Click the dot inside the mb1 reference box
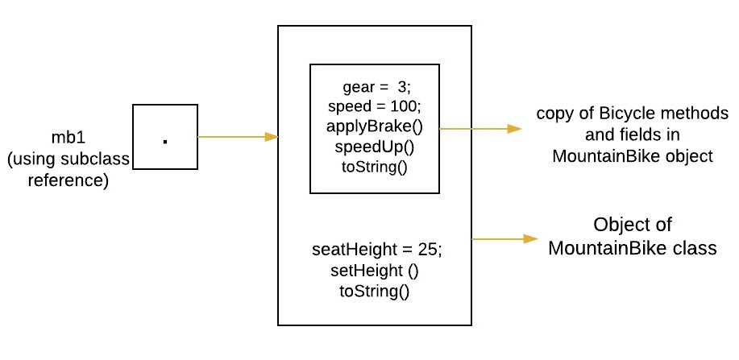[165, 141]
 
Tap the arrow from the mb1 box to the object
[237, 137]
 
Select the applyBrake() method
[374, 127]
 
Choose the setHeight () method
[375, 270]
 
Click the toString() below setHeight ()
[375, 290]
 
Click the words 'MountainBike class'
[632, 248]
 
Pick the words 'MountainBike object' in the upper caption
[633, 156]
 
